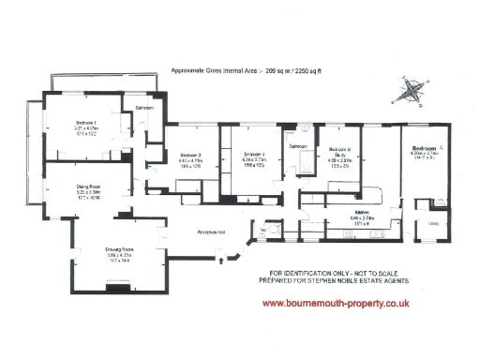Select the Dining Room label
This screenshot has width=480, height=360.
coord(88,187)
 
